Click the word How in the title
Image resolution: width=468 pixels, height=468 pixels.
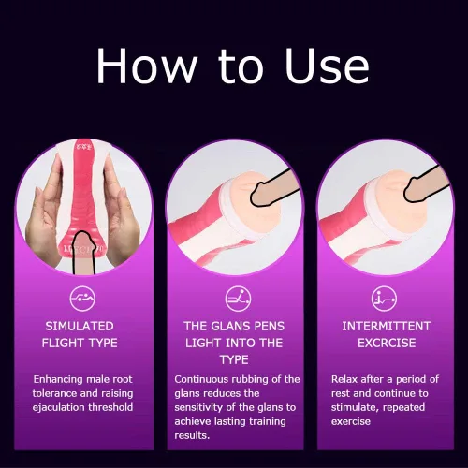(x=147, y=66)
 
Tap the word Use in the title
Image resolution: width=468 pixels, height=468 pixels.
(x=327, y=66)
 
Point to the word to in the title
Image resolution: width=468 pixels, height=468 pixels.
(x=241, y=66)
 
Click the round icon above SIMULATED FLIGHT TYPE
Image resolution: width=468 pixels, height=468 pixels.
(x=82, y=299)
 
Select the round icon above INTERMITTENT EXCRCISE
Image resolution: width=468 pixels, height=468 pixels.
(x=384, y=299)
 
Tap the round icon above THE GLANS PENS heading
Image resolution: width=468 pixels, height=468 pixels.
(x=238, y=299)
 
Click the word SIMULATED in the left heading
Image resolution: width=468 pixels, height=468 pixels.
(x=80, y=326)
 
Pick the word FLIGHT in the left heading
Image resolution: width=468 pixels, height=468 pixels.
(x=61, y=343)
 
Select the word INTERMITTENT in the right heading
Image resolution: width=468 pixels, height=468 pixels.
(x=387, y=326)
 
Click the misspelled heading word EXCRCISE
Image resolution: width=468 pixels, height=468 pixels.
(x=387, y=343)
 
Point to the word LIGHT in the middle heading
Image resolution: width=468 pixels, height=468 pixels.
(x=203, y=343)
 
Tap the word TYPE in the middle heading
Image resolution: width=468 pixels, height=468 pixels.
(x=234, y=359)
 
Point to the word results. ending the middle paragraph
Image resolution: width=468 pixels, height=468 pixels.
(x=192, y=435)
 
